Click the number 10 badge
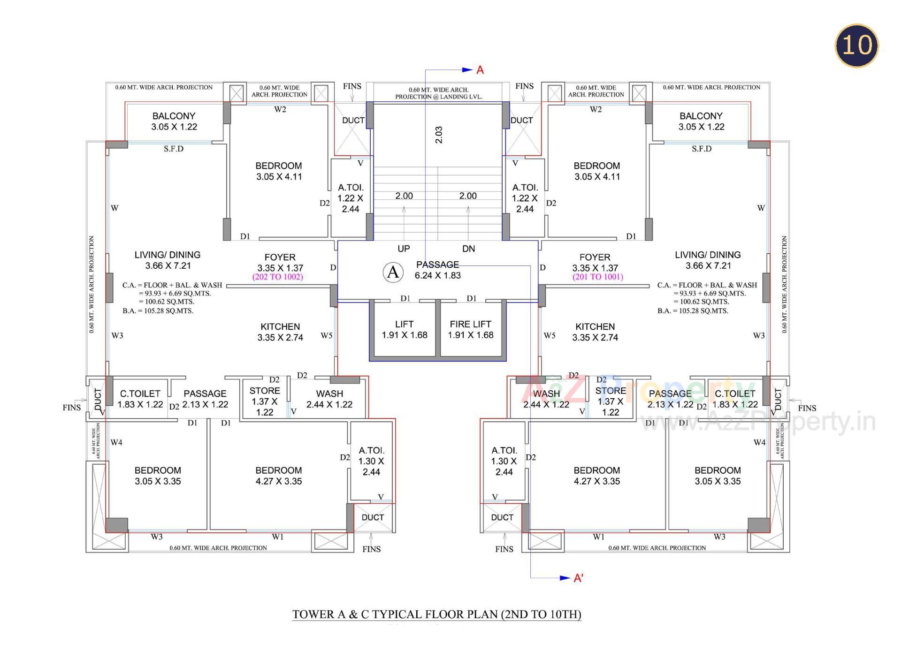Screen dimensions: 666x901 click(856, 45)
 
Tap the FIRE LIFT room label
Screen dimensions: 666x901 click(470, 329)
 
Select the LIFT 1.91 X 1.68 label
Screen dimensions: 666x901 click(404, 329)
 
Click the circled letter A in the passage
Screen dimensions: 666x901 click(393, 272)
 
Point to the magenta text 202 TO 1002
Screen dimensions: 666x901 click(278, 277)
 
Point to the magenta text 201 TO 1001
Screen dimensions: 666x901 click(597, 277)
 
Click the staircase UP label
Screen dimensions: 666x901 click(404, 249)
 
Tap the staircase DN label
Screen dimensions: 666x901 click(468, 249)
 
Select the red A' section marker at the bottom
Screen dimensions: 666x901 click(578, 578)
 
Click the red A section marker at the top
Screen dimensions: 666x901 click(480, 70)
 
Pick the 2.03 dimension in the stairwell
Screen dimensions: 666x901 click(439, 135)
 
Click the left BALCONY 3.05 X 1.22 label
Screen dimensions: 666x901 click(174, 121)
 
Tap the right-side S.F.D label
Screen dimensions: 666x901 click(702, 149)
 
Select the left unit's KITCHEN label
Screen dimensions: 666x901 click(280, 332)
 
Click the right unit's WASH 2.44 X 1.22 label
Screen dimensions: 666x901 click(546, 399)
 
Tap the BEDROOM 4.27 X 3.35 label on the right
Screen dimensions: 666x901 click(596, 476)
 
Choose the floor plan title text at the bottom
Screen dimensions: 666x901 click(436, 614)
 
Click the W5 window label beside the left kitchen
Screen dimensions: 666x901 click(327, 335)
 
